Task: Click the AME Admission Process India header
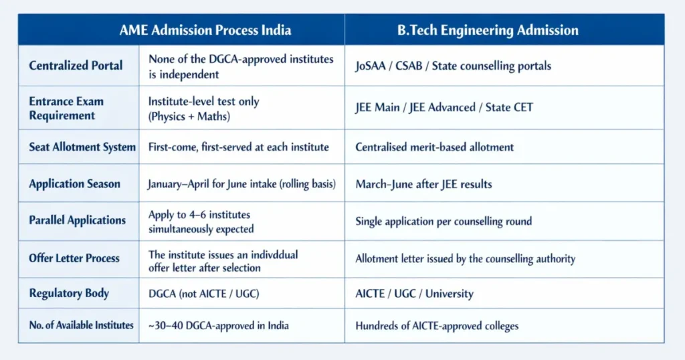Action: (x=205, y=30)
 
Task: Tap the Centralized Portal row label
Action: (x=76, y=66)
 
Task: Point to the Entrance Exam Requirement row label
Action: (x=66, y=108)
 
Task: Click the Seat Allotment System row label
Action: (x=82, y=147)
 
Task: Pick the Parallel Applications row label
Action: (x=77, y=220)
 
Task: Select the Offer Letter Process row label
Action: (x=74, y=258)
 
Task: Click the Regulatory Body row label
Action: (x=69, y=293)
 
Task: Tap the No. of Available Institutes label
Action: (x=82, y=326)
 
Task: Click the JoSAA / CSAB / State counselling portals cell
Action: (x=453, y=66)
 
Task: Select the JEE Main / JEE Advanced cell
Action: (x=444, y=108)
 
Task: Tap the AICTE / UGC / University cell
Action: (x=414, y=293)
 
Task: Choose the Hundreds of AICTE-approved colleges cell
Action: (x=437, y=326)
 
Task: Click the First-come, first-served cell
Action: (x=238, y=147)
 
